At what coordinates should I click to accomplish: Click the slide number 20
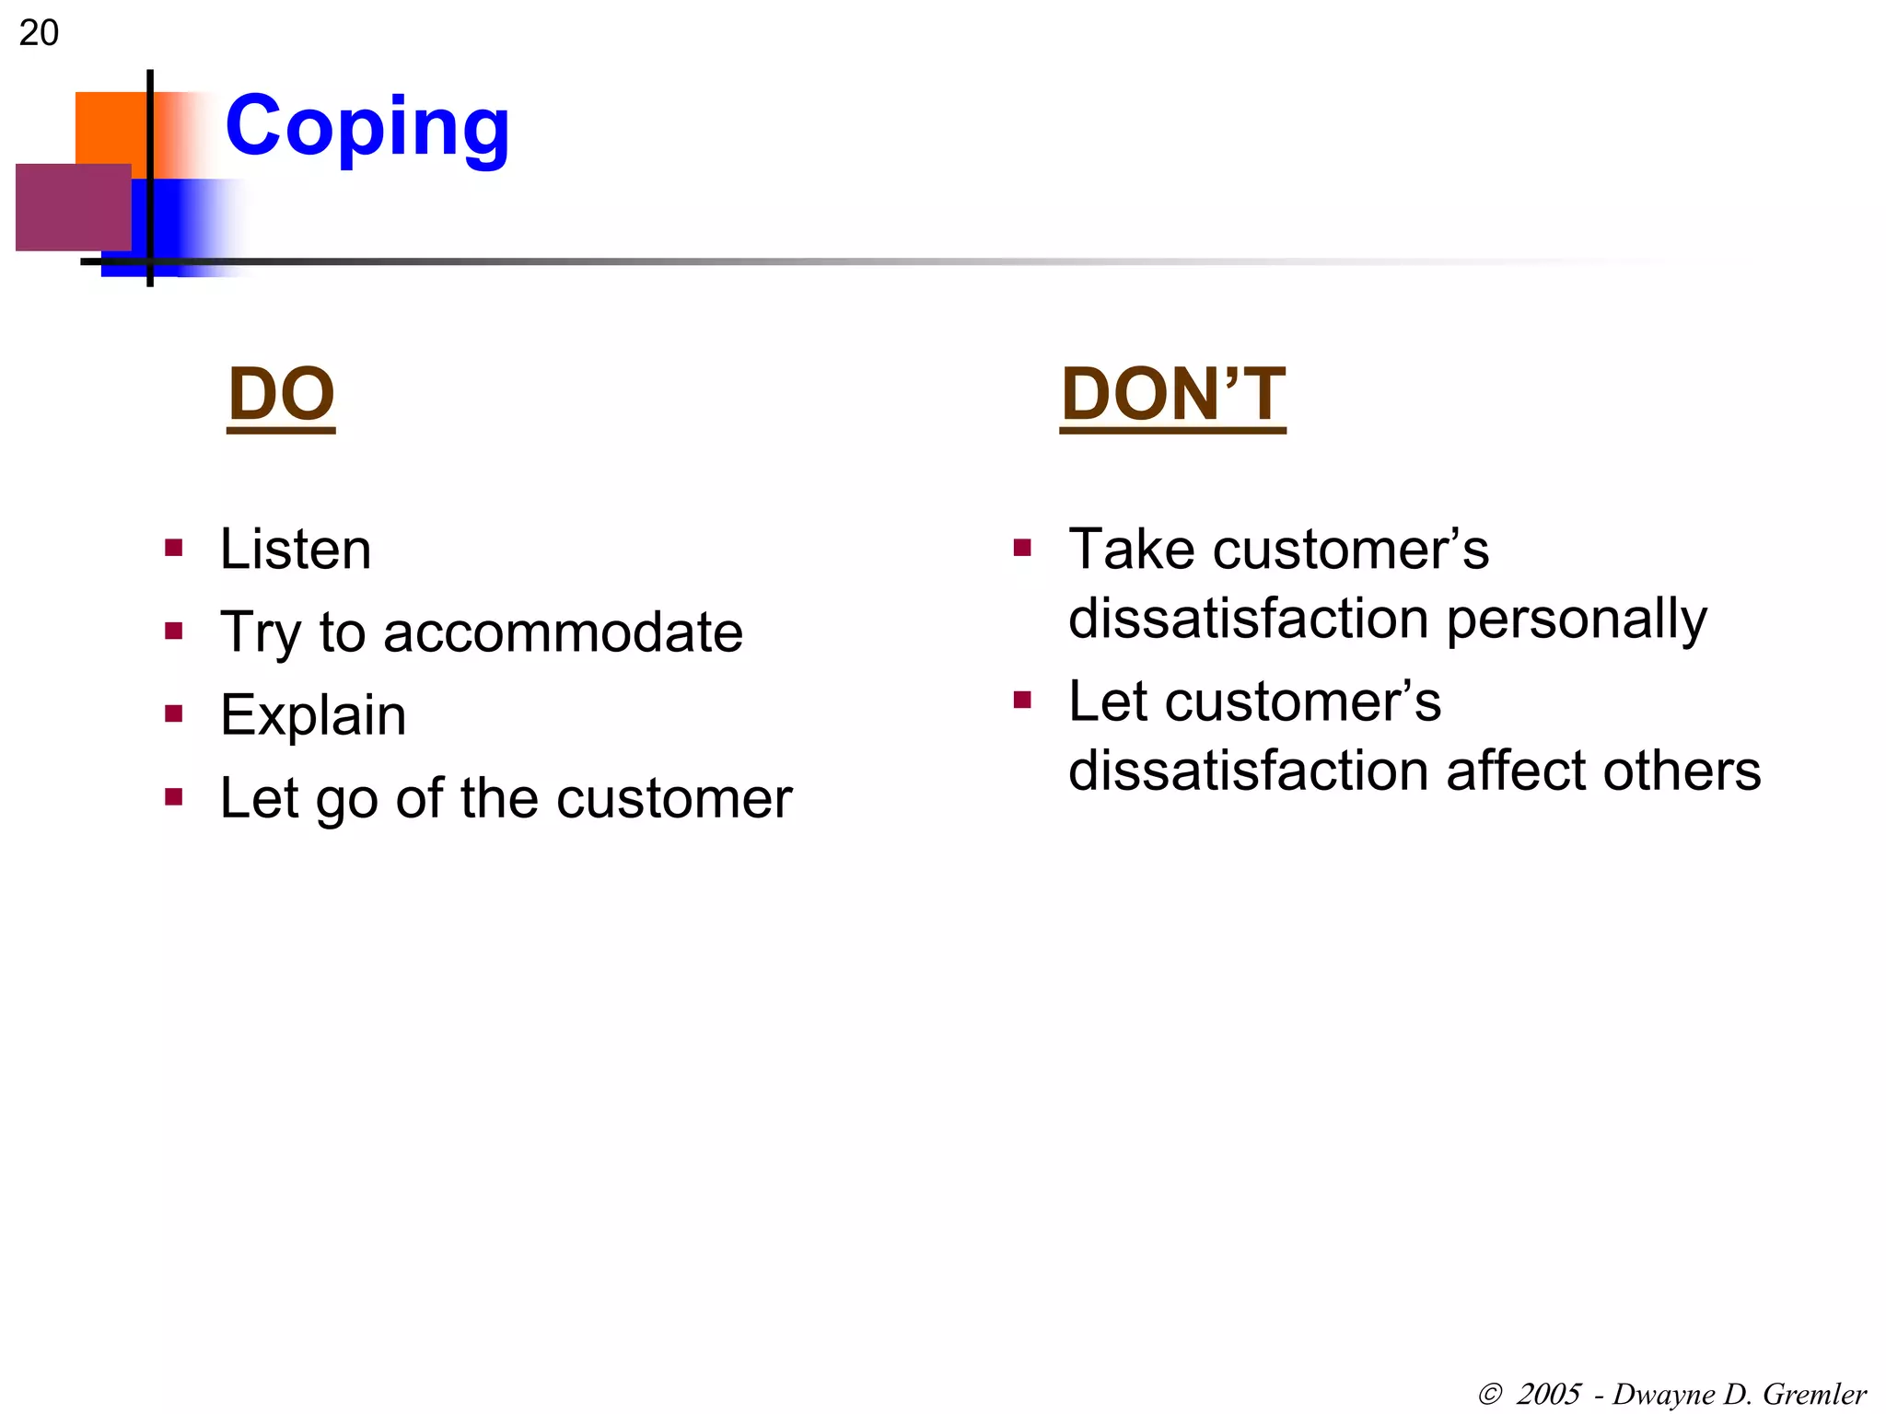click(x=39, y=33)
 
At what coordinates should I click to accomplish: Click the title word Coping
click(x=367, y=127)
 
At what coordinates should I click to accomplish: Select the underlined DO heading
click(x=281, y=394)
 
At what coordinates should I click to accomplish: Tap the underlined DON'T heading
click(x=1172, y=394)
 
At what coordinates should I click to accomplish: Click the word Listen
click(x=296, y=550)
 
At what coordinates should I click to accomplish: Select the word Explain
click(x=313, y=715)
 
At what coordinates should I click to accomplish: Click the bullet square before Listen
click(x=173, y=550)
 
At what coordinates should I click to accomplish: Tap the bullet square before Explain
click(x=173, y=714)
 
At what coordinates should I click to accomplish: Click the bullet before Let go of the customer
click(x=173, y=796)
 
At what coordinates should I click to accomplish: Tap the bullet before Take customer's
click(x=1021, y=550)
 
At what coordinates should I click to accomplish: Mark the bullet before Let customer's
click(x=1021, y=701)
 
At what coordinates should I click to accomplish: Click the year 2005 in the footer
click(x=1548, y=1394)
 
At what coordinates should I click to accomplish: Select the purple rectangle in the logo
click(x=72, y=207)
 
